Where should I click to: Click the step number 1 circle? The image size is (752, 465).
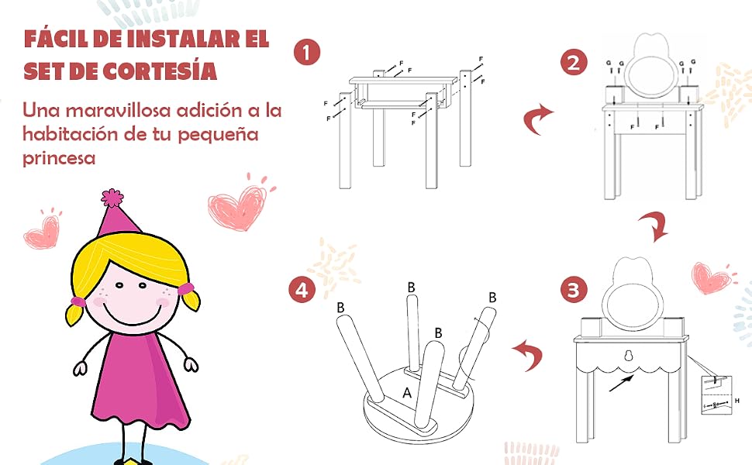click(x=307, y=52)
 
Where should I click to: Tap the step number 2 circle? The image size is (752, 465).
click(x=574, y=63)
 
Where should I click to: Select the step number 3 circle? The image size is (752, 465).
click(x=574, y=290)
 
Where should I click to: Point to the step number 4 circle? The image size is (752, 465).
click(x=302, y=290)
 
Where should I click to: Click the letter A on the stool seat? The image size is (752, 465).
click(x=407, y=393)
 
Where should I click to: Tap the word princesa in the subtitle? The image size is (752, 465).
click(x=59, y=158)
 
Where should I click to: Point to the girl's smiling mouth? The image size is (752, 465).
click(x=130, y=315)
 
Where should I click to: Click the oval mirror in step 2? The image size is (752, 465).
click(x=650, y=76)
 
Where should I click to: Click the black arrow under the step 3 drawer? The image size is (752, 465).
click(x=621, y=383)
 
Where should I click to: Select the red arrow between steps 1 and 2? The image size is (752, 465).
click(x=537, y=119)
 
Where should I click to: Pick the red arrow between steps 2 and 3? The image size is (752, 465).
click(x=656, y=226)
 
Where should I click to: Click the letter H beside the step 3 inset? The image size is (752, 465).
click(x=737, y=401)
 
